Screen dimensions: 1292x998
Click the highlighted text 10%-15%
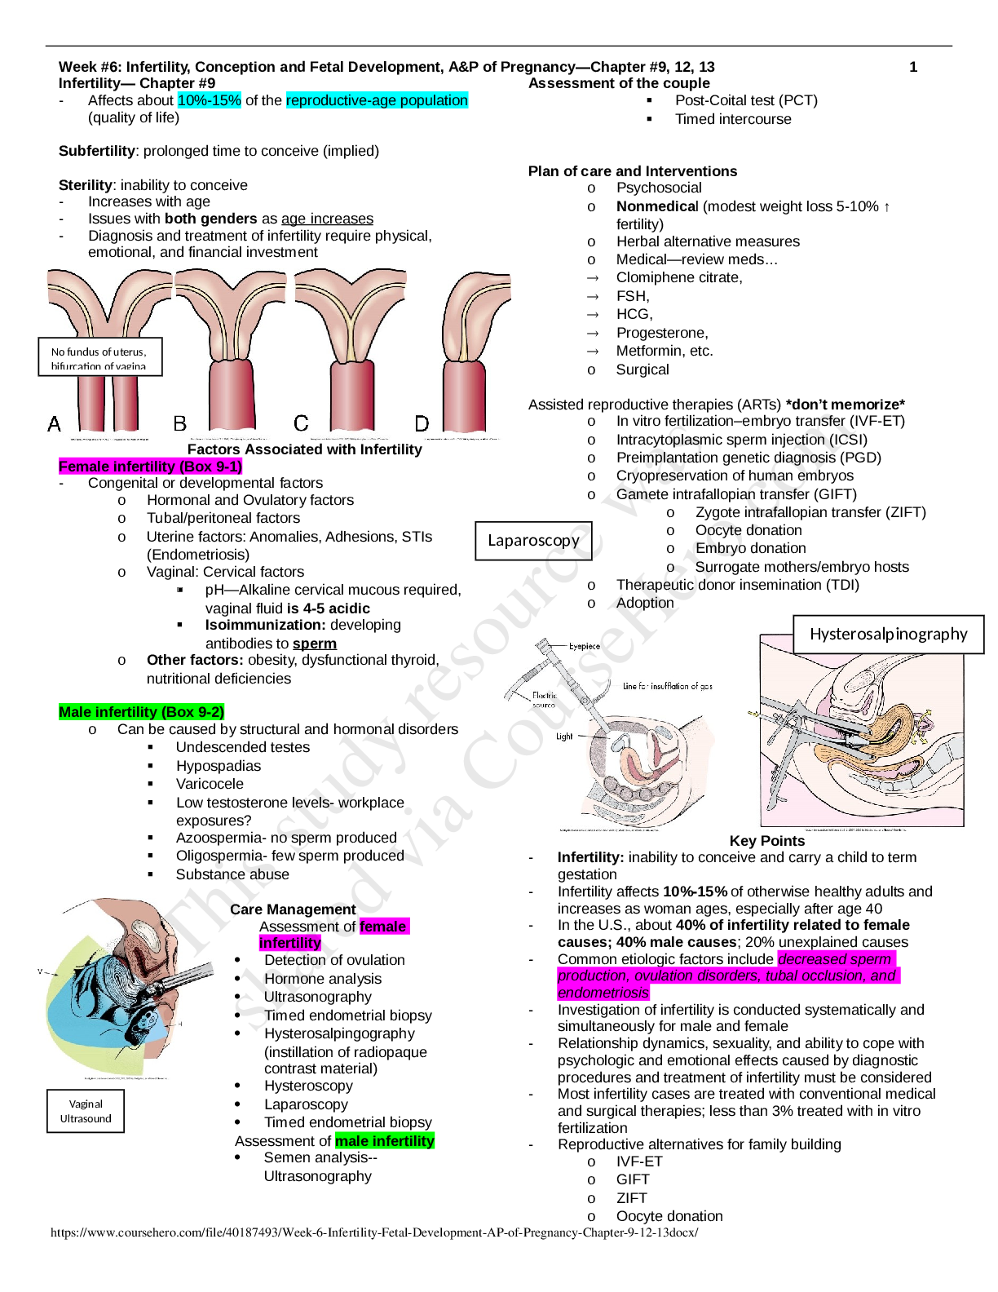point(209,100)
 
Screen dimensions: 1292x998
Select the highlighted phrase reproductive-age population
point(377,100)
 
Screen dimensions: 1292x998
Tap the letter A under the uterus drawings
point(55,424)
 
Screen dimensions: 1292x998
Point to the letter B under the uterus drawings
point(180,424)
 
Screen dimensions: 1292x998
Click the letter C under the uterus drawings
point(301,423)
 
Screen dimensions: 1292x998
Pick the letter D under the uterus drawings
point(422,424)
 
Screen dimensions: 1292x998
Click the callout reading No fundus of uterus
point(99,357)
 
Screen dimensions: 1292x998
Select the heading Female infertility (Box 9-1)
point(151,467)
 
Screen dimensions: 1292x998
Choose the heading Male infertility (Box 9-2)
point(141,712)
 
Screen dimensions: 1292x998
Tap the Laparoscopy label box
point(533,541)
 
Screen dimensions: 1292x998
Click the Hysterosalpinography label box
point(888,635)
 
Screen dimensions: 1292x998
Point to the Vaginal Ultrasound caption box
point(86,1111)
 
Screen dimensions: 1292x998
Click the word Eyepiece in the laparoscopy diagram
point(584,647)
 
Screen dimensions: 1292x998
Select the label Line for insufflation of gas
point(667,687)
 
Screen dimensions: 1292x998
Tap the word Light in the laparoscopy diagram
point(564,737)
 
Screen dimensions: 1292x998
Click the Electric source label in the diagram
point(544,700)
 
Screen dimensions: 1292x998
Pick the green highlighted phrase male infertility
point(385,1141)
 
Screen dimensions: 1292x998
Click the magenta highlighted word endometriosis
point(603,993)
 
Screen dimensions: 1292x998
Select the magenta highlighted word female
point(383,927)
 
